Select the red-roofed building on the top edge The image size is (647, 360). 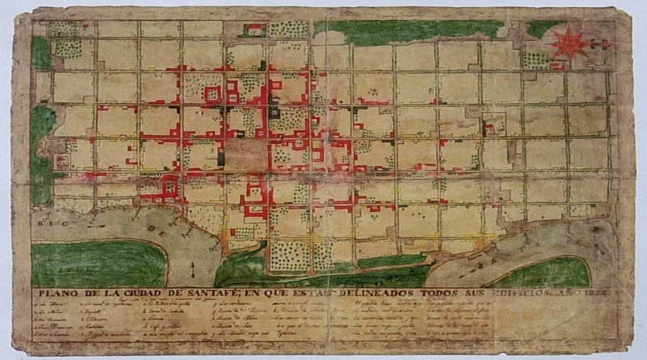(x=253, y=29)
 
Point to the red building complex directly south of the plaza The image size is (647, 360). (x=254, y=194)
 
